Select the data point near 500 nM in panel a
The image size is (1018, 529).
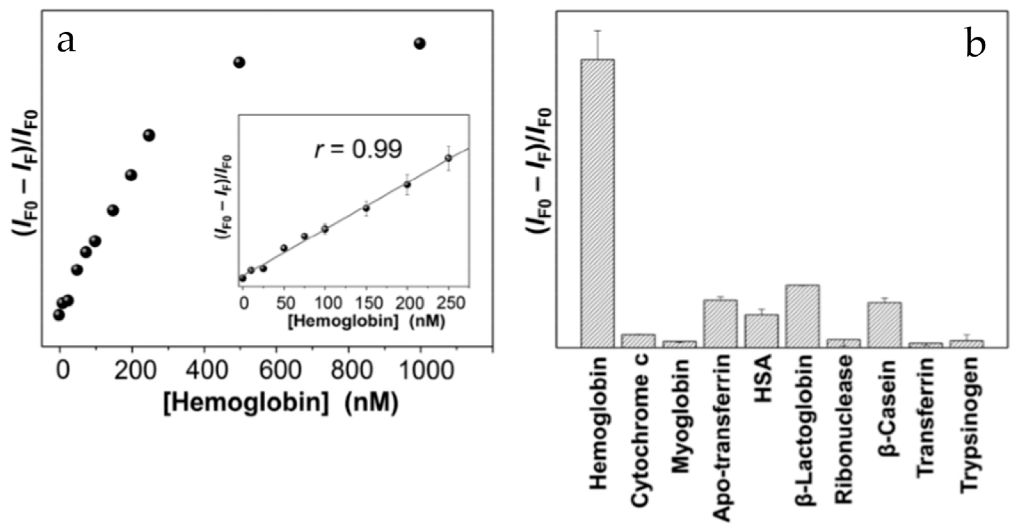239,62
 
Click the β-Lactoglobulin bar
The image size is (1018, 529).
802,316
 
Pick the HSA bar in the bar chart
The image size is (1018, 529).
762,331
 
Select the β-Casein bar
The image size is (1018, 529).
885,325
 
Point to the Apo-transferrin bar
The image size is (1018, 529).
720,324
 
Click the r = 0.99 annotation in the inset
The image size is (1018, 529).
358,150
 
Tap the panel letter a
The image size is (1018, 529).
66,42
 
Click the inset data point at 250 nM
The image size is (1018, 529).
448,158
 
